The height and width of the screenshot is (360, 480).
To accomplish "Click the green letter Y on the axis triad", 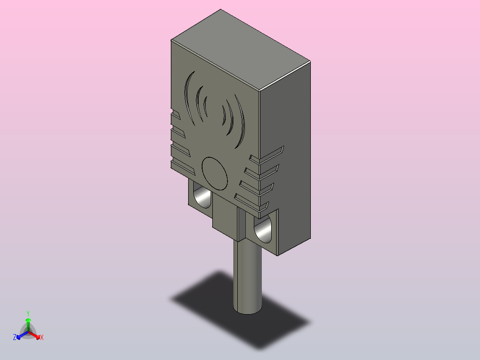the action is tap(28, 314).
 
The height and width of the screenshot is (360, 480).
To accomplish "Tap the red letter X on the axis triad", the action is tap(42, 337).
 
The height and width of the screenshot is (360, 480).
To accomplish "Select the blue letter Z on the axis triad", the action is tap(15, 337).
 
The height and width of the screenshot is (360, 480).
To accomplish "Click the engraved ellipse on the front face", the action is tap(215, 173).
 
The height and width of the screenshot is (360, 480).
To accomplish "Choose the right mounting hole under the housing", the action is tap(263, 229).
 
